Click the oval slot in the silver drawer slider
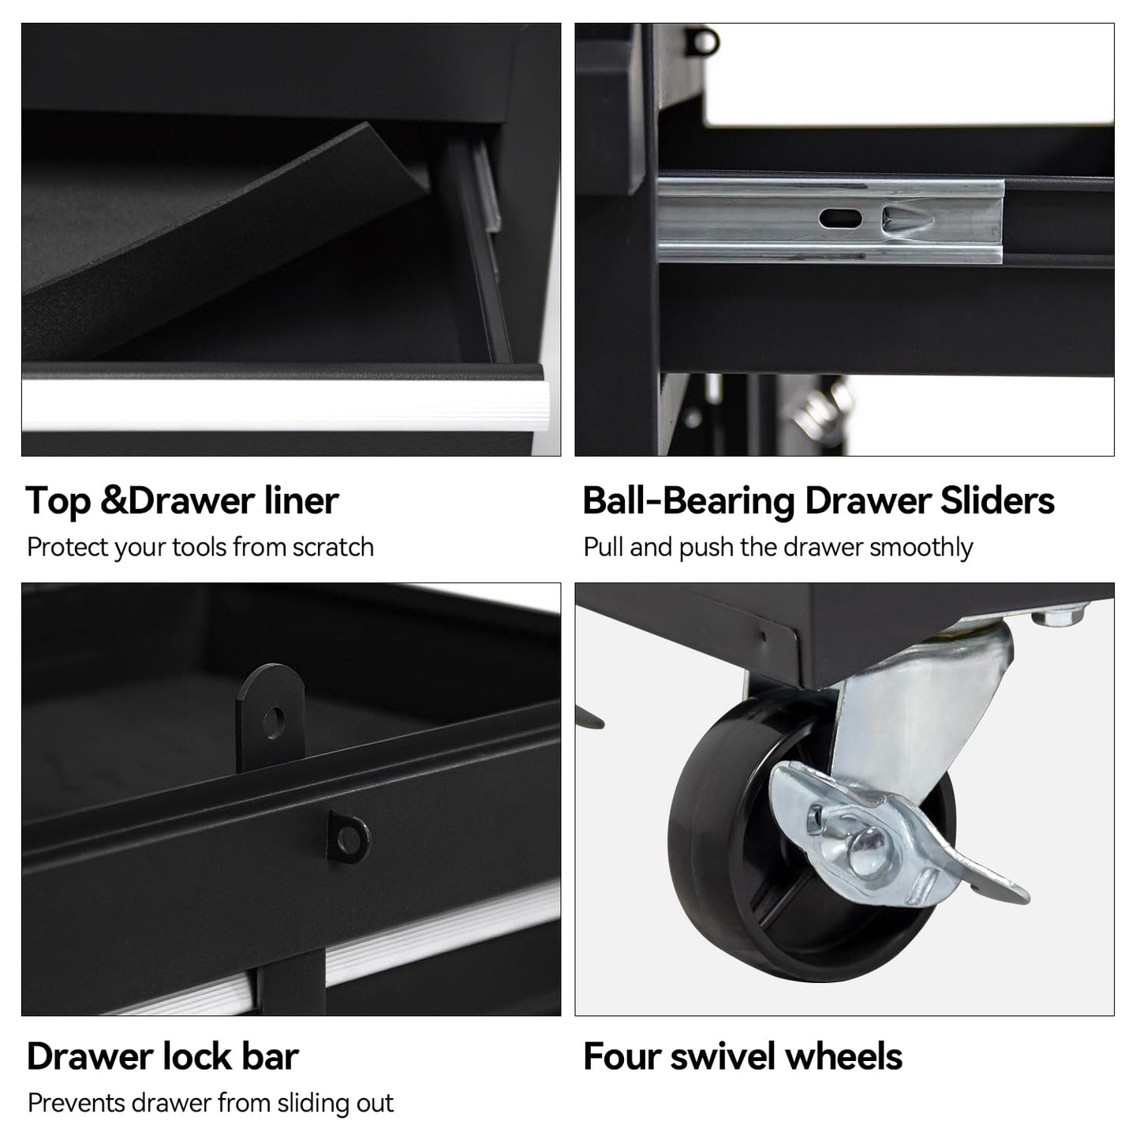point(839,219)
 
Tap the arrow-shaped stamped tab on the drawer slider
point(907,219)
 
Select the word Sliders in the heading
point(997,500)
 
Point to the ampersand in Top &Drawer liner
point(113,500)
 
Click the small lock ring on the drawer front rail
point(349,837)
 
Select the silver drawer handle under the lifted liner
point(285,405)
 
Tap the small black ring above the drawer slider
point(705,41)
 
